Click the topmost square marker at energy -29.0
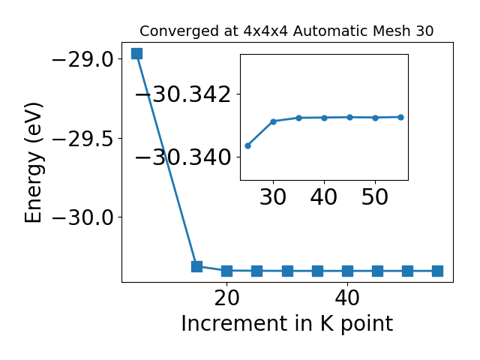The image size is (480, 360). pyautogui.click(x=136, y=53)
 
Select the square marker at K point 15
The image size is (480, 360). pyautogui.click(x=196, y=266)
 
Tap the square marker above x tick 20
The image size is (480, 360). pyautogui.click(x=226, y=271)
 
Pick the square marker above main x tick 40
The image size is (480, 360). pyautogui.click(x=347, y=271)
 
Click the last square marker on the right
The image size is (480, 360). pyautogui.click(x=438, y=271)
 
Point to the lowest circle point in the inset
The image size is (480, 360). pyautogui.click(x=248, y=145)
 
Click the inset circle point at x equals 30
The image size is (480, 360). pyautogui.click(x=273, y=121)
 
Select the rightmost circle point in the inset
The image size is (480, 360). pyautogui.click(x=400, y=117)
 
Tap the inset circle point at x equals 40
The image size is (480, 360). pyautogui.click(x=325, y=118)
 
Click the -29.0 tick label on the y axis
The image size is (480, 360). pyautogui.click(x=83, y=59)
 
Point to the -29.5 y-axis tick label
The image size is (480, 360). pyautogui.click(x=83, y=138)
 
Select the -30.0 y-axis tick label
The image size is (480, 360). pyautogui.click(x=83, y=217)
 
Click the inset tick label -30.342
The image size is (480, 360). pyautogui.click(x=183, y=94)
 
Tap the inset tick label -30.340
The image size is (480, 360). pyautogui.click(x=183, y=157)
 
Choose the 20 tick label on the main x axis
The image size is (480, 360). pyautogui.click(x=226, y=298)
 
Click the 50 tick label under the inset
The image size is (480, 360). pyautogui.click(x=375, y=196)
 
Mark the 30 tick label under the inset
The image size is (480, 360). pyautogui.click(x=273, y=196)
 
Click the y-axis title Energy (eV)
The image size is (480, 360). pyautogui.click(x=34, y=163)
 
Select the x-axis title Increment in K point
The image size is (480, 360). pyautogui.click(x=287, y=323)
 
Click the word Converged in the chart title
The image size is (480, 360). pyautogui.click(x=179, y=31)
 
